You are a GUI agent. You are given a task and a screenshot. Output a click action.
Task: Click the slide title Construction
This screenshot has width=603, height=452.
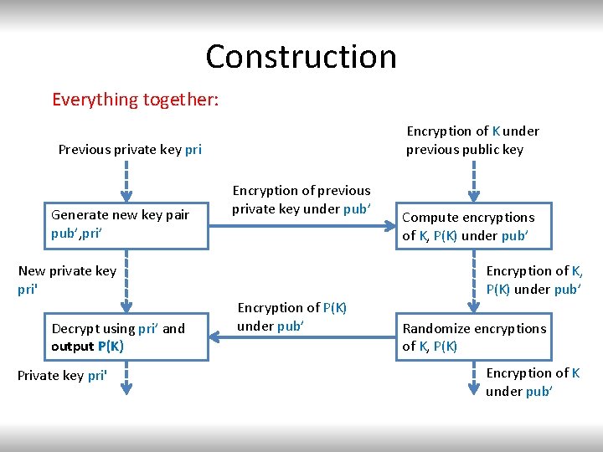pos(301,57)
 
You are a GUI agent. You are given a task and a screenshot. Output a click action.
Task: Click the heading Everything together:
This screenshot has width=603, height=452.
pos(135,100)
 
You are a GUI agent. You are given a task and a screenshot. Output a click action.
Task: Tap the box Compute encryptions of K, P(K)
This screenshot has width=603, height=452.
pos(474,226)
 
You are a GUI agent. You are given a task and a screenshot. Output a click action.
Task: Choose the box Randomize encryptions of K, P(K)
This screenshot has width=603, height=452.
pos(474,337)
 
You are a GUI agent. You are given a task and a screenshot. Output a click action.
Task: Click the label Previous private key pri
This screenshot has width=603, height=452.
pos(130,150)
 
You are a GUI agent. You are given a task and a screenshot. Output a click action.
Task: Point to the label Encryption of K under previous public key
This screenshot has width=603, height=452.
pos(472,140)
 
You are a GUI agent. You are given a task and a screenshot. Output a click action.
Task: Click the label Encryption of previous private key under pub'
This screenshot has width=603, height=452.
pos(301,200)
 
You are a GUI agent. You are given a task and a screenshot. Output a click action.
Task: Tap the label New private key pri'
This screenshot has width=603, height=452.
pos(67,280)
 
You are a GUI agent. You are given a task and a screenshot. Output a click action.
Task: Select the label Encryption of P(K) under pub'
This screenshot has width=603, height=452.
pos(291,316)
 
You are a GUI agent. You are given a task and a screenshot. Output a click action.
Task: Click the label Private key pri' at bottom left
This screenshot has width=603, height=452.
pos(62,376)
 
